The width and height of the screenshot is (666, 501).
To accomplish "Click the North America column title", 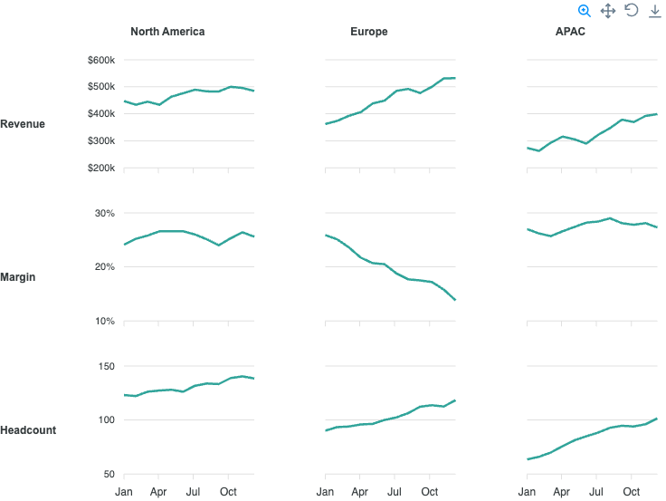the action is (x=167, y=32).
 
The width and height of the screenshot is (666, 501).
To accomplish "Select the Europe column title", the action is (x=368, y=32).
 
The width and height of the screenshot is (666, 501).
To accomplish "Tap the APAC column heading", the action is (x=570, y=32).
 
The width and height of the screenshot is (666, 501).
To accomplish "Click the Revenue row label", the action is (x=23, y=124).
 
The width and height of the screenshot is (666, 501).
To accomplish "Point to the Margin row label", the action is (x=18, y=277).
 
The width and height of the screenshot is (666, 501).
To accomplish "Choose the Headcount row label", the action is (x=28, y=430).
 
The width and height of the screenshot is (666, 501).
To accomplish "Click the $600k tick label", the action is (x=101, y=60).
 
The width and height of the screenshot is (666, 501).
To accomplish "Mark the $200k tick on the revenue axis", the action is (x=101, y=168).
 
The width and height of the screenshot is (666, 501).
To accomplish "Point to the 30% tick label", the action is (x=104, y=213).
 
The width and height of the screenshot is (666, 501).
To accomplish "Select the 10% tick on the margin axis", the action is (x=104, y=321).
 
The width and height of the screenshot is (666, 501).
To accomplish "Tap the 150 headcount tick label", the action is (x=106, y=366).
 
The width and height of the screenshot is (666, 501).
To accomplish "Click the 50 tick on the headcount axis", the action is (x=109, y=474).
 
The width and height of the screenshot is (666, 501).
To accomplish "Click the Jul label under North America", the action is (x=193, y=492).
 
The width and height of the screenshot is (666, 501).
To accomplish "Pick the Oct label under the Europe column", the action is (x=430, y=492).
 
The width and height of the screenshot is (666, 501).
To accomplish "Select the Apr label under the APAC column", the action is (x=562, y=492).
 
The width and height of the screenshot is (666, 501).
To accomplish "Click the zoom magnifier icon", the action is (x=585, y=11).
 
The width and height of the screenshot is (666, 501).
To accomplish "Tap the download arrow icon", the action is (x=655, y=11).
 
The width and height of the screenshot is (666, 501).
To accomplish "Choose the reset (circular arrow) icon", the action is (x=632, y=10).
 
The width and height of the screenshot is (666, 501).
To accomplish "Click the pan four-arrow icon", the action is (x=608, y=11).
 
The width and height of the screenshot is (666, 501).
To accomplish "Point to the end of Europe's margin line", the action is (x=455, y=300).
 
